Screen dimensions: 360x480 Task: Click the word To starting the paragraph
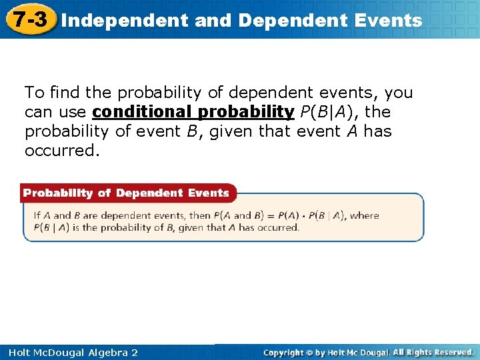click(34, 93)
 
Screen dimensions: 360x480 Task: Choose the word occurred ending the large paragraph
click(61, 151)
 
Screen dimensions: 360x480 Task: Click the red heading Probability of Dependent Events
click(127, 193)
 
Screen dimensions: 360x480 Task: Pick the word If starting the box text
click(38, 216)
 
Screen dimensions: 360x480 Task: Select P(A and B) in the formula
click(242, 216)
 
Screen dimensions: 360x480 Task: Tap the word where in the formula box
click(365, 216)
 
